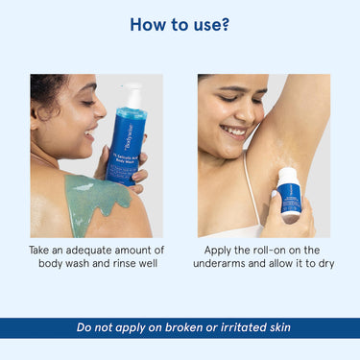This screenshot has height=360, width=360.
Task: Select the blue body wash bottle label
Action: (x=124, y=144)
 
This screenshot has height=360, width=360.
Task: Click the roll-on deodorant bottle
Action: (x=289, y=191)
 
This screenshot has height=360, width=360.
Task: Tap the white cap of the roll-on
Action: (x=287, y=175)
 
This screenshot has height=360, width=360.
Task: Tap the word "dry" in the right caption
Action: (x=324, y=263)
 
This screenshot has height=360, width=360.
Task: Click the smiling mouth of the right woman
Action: (x=233, y=130)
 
